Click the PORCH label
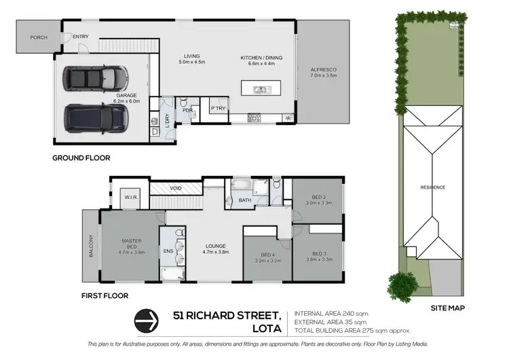(39, 37)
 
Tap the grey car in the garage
(96, 78)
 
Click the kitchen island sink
(259, 89)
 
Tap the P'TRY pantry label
(218, 109)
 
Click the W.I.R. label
(130, 198)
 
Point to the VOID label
(176, 187)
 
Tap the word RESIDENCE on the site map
(432, 187)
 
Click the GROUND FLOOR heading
(81, 158)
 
